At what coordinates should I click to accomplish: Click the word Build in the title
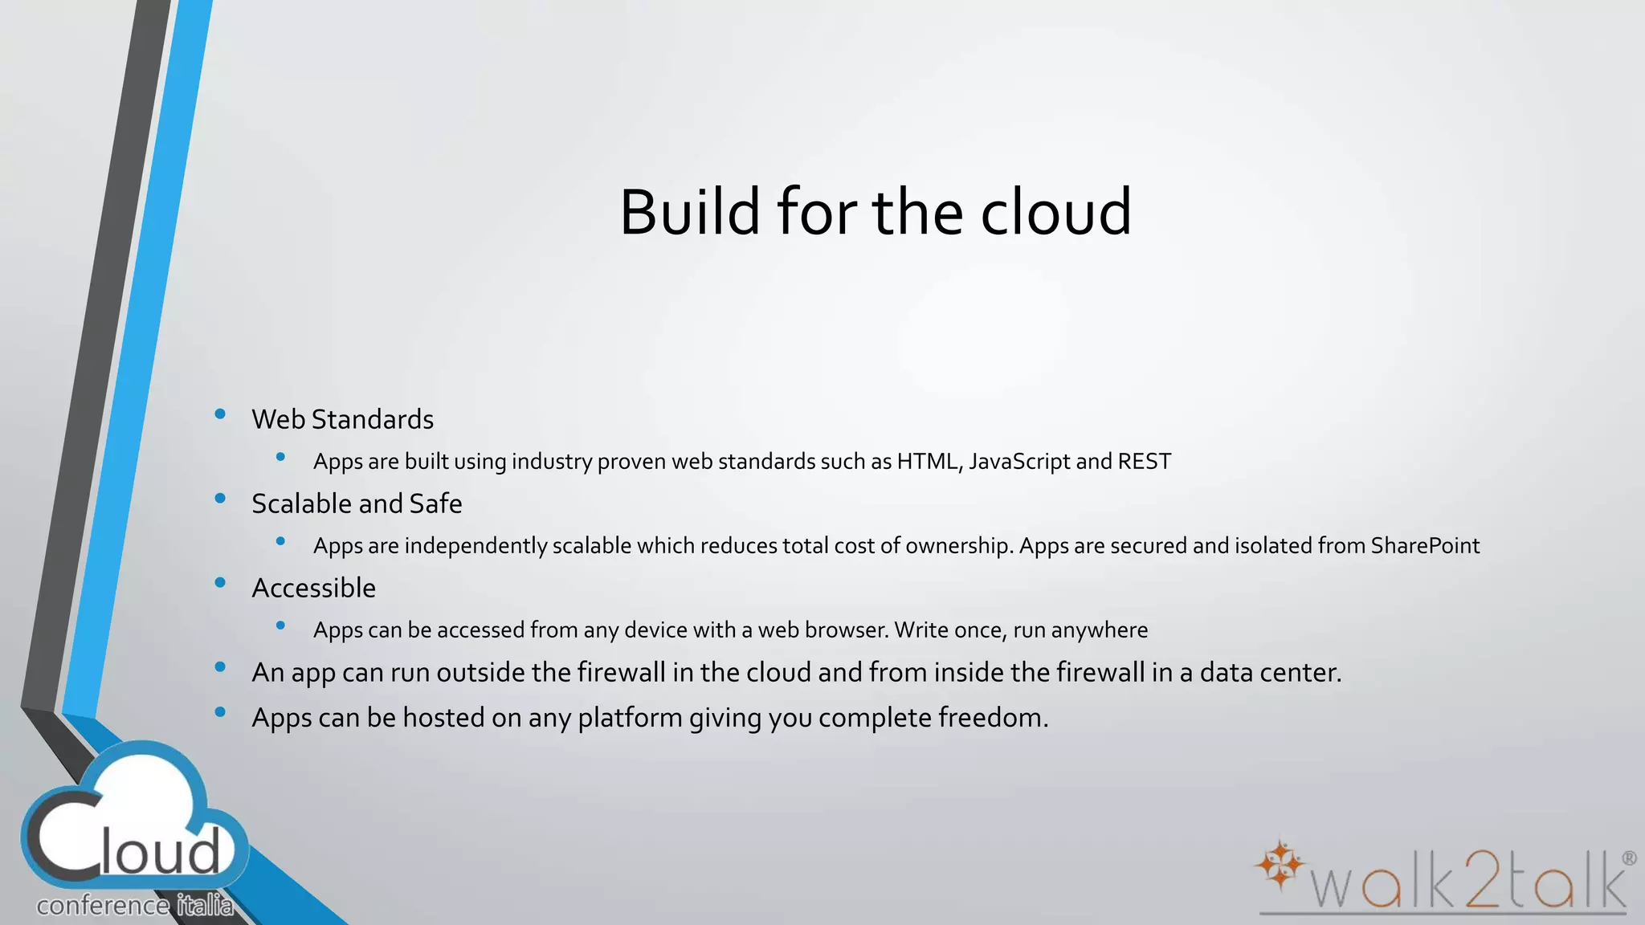click(689, 212)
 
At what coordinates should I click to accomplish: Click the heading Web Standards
click(342, 419)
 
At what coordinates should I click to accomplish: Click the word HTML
click(929, 462)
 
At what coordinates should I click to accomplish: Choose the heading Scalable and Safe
click(357, 503)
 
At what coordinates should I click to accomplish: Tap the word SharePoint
click(1424, 546)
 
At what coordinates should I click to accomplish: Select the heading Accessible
click(313, 588)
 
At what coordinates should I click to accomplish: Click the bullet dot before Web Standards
click(220, 414)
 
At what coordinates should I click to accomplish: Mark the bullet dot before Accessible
click(220, 583)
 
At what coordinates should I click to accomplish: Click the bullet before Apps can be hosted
click(220, 712)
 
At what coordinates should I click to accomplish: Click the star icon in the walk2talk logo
click(1280, 865)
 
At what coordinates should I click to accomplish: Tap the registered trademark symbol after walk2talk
click(1629, 858)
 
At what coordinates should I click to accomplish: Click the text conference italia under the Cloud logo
click(135, 906)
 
